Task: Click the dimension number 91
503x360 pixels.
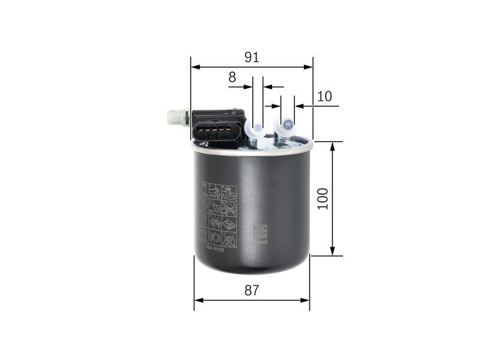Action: pos(252,58)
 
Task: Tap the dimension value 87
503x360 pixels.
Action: pos(252,290)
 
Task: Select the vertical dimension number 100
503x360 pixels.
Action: pos(324,199)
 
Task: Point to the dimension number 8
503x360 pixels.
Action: pos(232,77)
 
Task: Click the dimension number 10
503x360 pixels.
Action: pos(324,96)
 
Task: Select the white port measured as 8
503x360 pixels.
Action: pos(256,129)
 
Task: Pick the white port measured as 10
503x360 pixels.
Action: pos(287,125)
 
